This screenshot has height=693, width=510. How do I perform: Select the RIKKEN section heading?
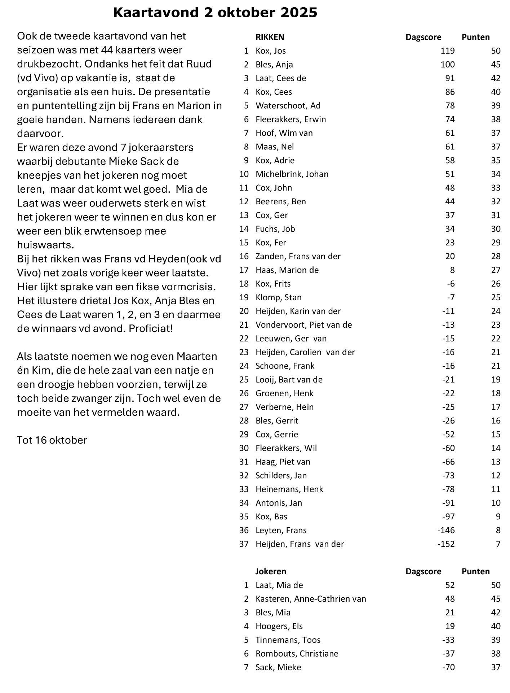pos(270,37)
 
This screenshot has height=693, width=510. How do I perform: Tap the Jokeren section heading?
pos(271,571)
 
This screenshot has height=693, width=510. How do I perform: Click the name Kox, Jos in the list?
pos(271,51)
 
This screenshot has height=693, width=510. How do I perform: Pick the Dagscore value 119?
pos(447,51)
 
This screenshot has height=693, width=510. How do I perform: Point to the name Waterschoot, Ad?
pos(288,106)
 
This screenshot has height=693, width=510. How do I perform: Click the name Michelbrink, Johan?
pos(292,174)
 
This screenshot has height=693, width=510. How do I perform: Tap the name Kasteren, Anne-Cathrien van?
pos(311,599)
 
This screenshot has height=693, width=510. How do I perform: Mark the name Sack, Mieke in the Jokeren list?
pos(278,667)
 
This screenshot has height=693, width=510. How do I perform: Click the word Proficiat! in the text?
pos(151,329)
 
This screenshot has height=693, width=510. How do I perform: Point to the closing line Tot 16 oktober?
pos(52,440)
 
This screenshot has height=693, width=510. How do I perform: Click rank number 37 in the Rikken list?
pos(244,544)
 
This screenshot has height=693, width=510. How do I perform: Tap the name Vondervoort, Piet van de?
pos(303,325)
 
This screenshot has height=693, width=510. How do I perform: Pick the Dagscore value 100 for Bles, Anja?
pos(447,65)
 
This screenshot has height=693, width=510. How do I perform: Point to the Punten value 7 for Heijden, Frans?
pos(498,544)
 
